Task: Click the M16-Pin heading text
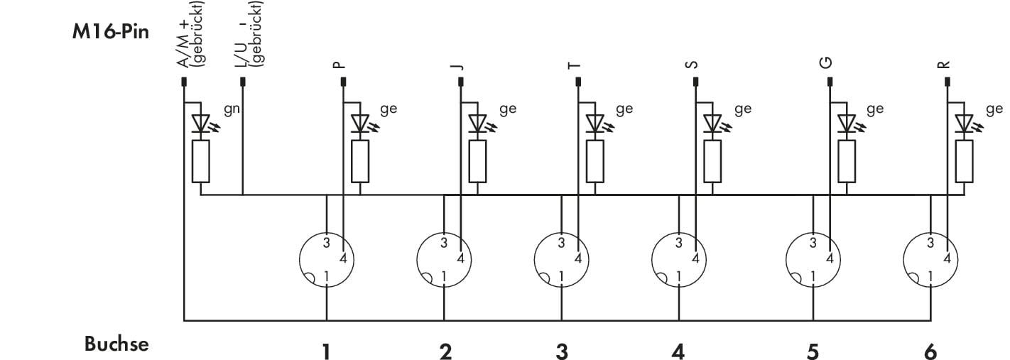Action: click(111, 33)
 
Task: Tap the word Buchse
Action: click(116, 344)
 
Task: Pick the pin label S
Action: click(692, 65)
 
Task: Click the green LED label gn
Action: click(232, 110)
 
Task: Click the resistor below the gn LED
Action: click(200, 161)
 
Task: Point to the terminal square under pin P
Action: click(343, 82)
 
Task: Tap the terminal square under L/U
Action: click(243, 82)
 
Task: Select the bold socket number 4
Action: click(678, 351)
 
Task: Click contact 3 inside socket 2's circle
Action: click(444, 244)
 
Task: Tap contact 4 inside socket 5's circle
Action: click(830, 259)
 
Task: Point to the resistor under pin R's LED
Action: click(964, 161)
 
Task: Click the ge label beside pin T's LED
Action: click(624, 109)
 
